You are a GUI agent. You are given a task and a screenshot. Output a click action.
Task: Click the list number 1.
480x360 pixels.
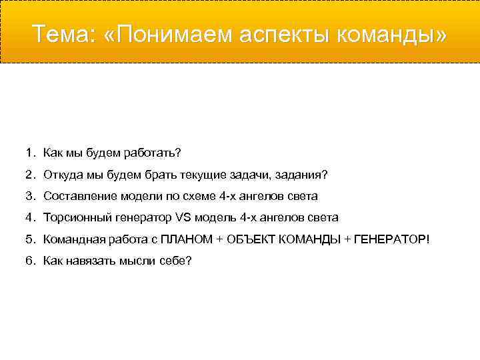tap(30, 153)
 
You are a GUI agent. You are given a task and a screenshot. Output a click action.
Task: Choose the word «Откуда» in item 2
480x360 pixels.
tap(61, 175)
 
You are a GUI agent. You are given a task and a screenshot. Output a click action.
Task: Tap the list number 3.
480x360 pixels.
tap(30, 196)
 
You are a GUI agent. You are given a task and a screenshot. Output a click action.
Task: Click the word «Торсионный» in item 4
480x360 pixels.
tap(73, 217)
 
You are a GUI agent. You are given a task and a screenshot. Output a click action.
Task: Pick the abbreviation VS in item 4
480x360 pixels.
tap(183, 217)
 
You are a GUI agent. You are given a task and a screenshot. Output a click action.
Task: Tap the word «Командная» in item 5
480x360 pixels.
tap(69, 239)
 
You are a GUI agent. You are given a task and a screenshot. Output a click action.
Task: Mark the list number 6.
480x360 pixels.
tap(30, 260)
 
